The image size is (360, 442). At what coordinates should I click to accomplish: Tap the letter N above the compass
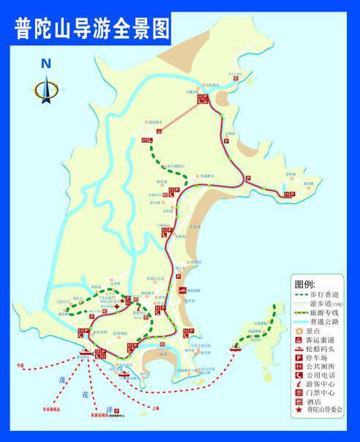(x=46, y=64)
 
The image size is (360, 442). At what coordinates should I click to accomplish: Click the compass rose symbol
(x=46, y=90)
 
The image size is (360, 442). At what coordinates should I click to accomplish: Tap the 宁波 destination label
(x=20, y=364)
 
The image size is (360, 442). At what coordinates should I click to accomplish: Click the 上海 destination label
(x=154, y=408)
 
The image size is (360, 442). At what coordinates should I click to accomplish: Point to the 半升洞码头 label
(x=50, y=409)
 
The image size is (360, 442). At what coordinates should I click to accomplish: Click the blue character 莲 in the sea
(x=63, y=381)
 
